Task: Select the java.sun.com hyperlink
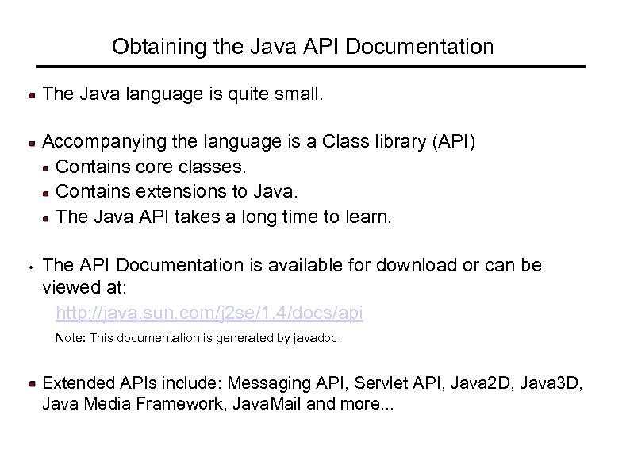click(209, 313)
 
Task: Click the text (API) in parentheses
click(453, 142)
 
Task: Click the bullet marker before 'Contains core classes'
click(48, 167)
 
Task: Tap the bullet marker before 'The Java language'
click(32, 95)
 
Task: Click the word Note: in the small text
click(70, 339)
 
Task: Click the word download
click(410, 265)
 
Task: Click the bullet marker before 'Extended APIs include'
click(32, 384)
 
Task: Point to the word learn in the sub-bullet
click(367, 216)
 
